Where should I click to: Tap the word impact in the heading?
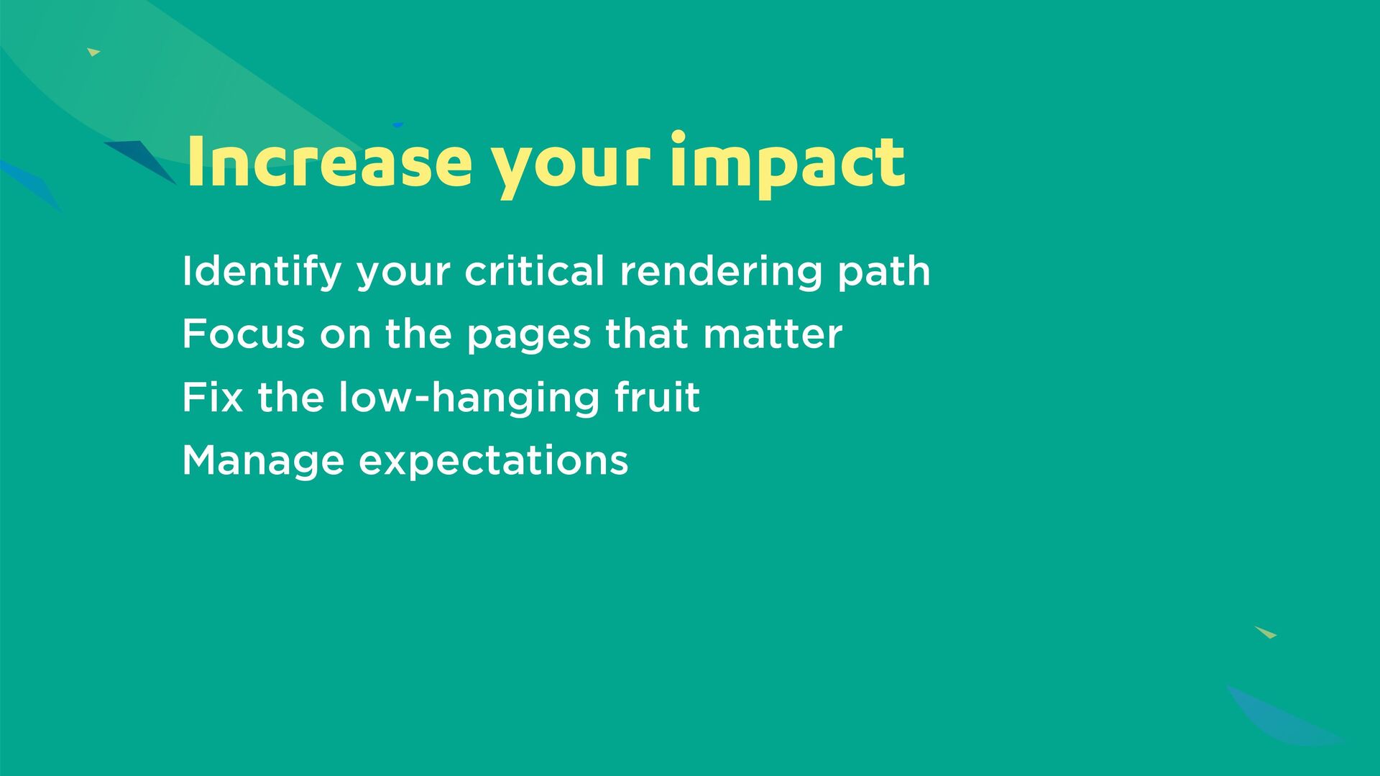coord(787,164)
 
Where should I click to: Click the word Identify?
coord(262,272)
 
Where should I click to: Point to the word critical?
coord(534,271)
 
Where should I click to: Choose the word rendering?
coord(721,272)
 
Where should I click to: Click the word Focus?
coord(244,334)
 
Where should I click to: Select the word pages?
coord(529,337)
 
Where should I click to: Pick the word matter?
coord(773,335)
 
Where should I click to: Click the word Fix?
coord(213,397)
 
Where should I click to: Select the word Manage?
coord(263,462)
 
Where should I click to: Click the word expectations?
coord(493,462)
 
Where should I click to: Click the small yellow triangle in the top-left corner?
coord(93,52)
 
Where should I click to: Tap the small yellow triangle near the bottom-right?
coord(1266,632)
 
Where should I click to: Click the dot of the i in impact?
coord(678,137)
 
